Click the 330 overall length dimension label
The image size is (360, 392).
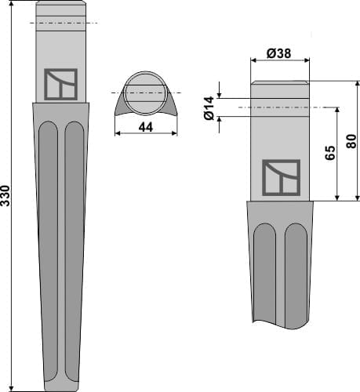pyautogui.click(x=6, y=196)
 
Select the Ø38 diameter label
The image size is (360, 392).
pyautogui.click(x=279, y=54)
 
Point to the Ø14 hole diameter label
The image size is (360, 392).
pyautogui.click(x=209, y=107)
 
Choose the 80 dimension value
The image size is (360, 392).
pyautogui.click(x=351, y=142)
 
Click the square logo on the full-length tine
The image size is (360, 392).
pyautogui.click(x=60, y=85)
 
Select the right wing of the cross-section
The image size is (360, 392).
pyautogui.click(x=170, y=102)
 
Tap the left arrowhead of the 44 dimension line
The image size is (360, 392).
pyautogui.click(x=117, y=132)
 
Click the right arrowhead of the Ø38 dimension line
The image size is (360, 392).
pyautogui.click(x=307, y=61)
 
